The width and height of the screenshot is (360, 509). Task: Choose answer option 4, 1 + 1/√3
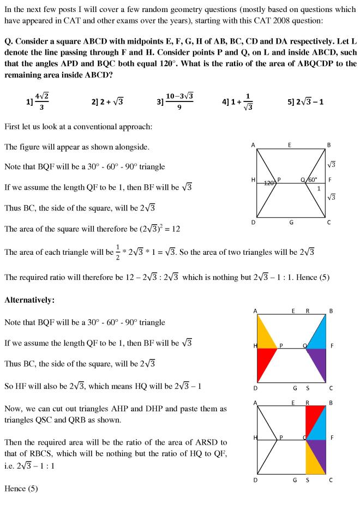pyautogui.click(x=239, y=102)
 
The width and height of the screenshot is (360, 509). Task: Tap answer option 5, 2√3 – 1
pyautogui.click(x=305, y=102)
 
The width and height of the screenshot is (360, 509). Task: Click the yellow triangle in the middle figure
pyautogui.click(x=264, y=333)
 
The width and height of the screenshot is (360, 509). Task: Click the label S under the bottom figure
pyautogui.click(x=308, y=480)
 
